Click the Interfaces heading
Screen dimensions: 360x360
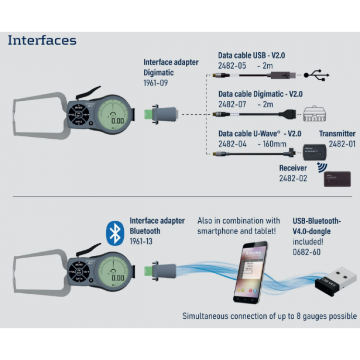(x=42, y=40)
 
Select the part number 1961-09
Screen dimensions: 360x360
(x=156, y=83)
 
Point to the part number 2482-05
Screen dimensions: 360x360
(x=231, y=65)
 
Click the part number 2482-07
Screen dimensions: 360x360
(x=231, y=104)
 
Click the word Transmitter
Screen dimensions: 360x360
(x=337, y=133)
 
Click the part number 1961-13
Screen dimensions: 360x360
(x=141, y=241)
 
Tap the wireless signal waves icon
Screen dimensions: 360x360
(x=320, y=168)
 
